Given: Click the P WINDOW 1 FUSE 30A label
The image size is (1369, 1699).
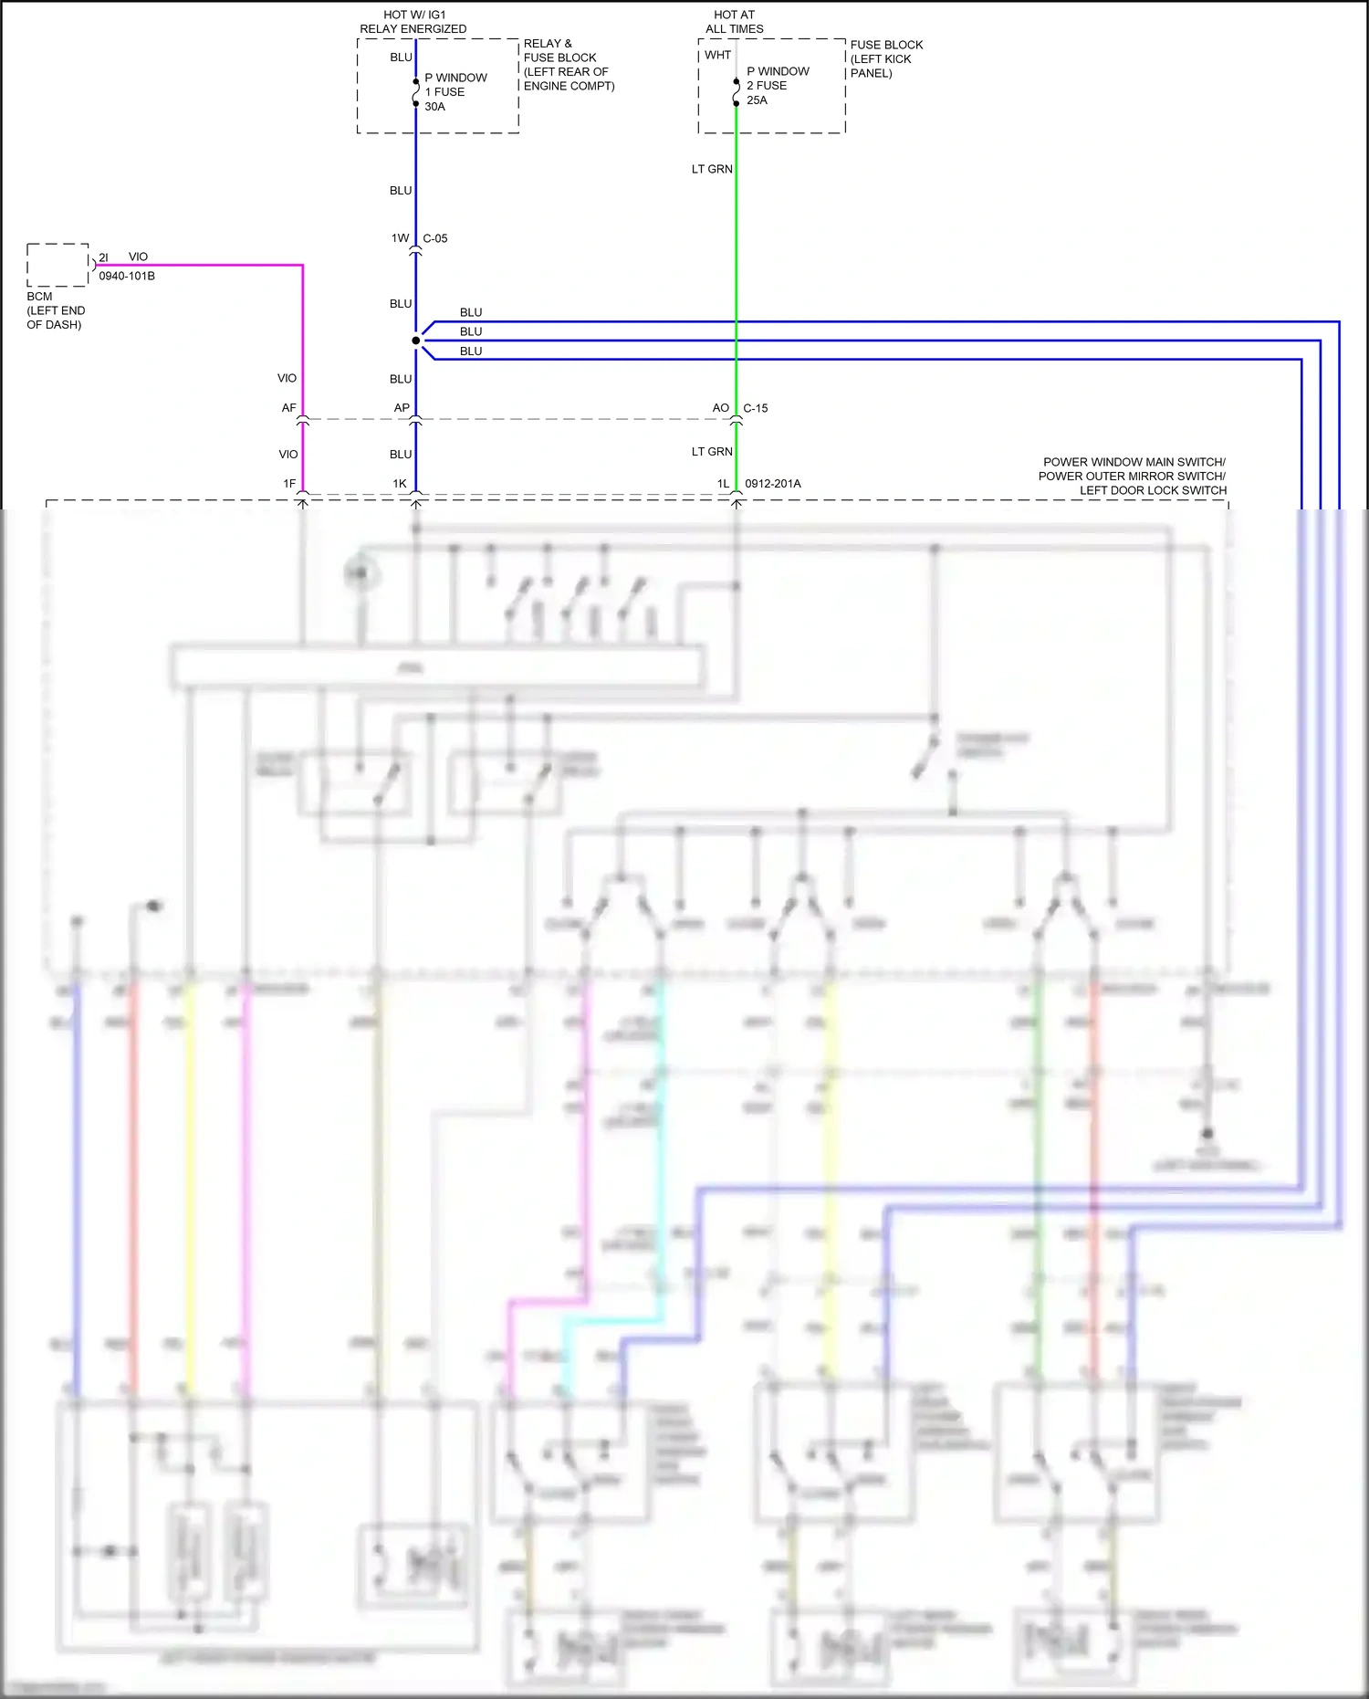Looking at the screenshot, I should coord(455,92).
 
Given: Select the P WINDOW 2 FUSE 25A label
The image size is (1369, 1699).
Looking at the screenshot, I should coord(777,86).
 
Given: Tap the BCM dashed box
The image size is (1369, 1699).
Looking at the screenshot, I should coord(57,265).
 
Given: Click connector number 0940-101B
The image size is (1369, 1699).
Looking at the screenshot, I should coord(127,276).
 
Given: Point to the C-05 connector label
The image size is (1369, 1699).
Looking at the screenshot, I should coord(435,238).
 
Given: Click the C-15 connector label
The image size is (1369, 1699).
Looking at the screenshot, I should coord(756,408).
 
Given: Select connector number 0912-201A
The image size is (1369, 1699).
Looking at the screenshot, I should coord(773,484).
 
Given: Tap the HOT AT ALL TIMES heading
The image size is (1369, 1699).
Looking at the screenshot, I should coord(735,22).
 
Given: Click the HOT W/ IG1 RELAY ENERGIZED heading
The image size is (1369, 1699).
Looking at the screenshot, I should coord(413,22).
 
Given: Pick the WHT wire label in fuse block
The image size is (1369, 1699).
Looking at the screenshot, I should coord(717,55).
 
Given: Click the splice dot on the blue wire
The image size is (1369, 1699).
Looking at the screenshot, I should coord(416,341).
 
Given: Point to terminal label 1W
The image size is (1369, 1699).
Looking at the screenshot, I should coord(400,238).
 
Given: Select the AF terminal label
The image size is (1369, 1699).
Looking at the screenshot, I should coord(288,408).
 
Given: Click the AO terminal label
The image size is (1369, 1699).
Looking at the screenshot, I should coord(721,408).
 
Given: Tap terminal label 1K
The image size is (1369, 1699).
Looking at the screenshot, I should coord(400,484).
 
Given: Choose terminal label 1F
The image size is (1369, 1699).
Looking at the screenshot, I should coord(289,484).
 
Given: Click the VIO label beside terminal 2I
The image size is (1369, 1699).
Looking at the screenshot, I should coord(138,257).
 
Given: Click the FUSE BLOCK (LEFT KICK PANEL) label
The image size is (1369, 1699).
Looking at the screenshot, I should coord(886,58).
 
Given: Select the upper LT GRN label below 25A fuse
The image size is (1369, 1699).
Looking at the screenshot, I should coord(712,169).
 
